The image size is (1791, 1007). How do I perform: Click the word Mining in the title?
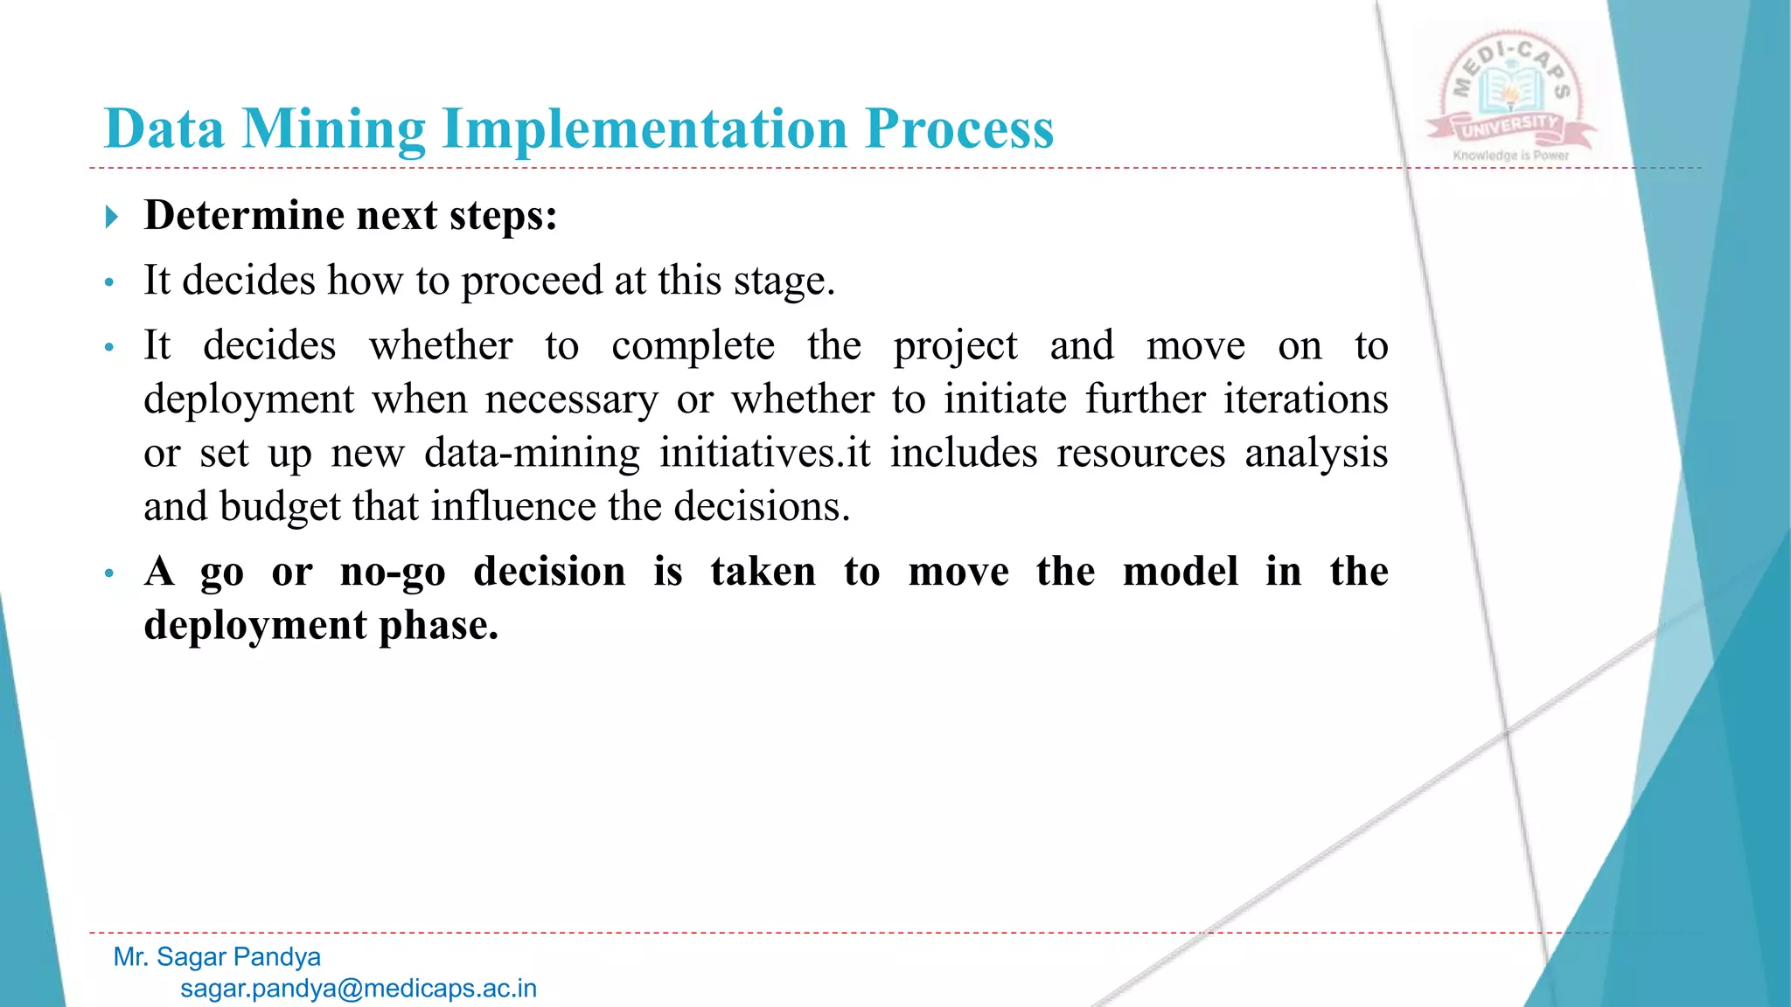[x=333, y=129]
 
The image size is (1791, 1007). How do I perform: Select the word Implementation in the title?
[x=645, y=129]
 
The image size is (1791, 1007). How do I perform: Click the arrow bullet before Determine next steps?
[x=111, y=216]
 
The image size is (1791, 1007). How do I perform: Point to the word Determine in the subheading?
[x=244, y=215]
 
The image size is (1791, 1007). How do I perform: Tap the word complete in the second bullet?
[x=693, y=346]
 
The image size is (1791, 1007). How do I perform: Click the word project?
[x=955, y=346]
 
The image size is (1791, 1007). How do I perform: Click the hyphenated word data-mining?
[x=532, y=454]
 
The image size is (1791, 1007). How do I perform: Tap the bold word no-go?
[x=393, y=573]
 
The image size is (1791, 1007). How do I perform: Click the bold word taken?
[x=763, y=573]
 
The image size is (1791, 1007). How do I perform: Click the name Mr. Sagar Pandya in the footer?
[x=217, y=957]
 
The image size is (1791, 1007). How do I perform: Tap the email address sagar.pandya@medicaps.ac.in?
[x=359, y=989]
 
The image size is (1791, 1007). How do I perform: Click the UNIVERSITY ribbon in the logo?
[x=1510, y=128]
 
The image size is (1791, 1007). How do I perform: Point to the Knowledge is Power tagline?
[x=1510, y=156]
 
